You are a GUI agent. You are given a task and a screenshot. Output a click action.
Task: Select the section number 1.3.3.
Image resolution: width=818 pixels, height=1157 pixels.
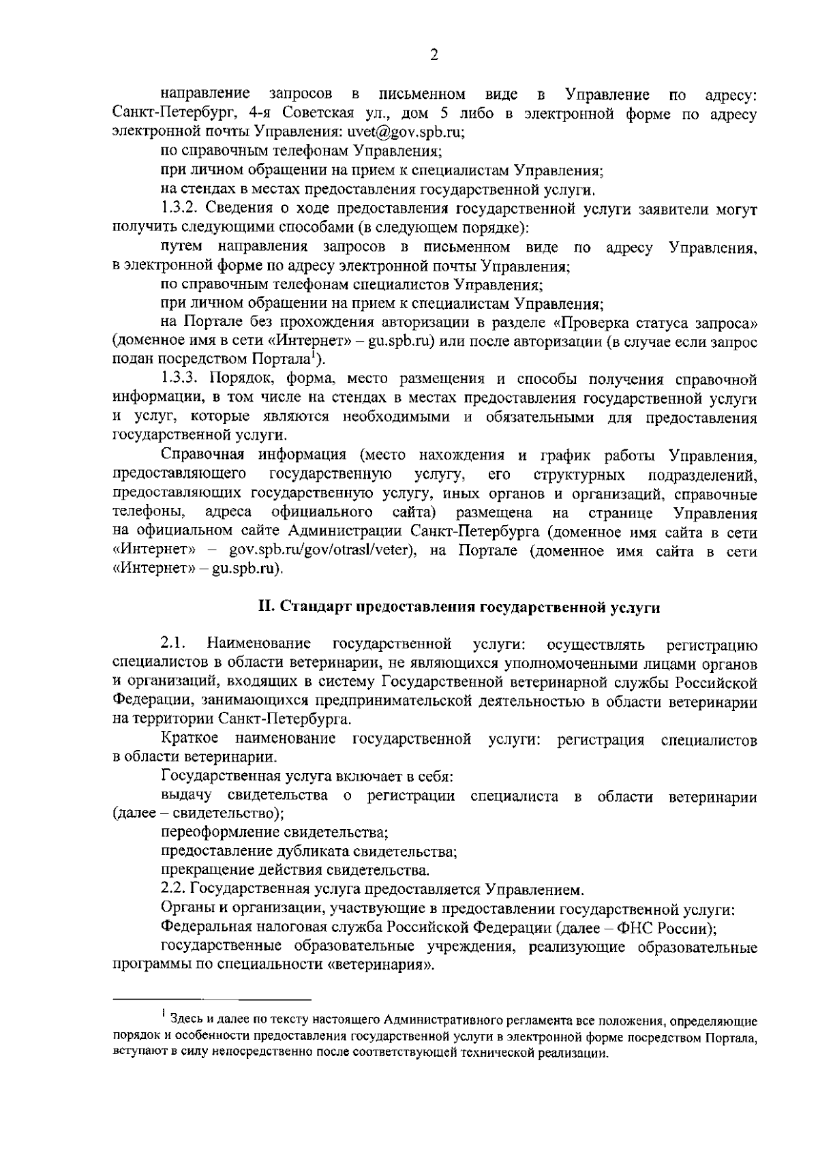[182, 378]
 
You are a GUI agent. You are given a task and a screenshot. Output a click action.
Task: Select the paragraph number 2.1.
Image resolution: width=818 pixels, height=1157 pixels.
[173, 643]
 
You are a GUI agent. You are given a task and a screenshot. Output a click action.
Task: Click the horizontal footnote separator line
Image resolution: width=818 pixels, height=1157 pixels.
[211, 1000]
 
